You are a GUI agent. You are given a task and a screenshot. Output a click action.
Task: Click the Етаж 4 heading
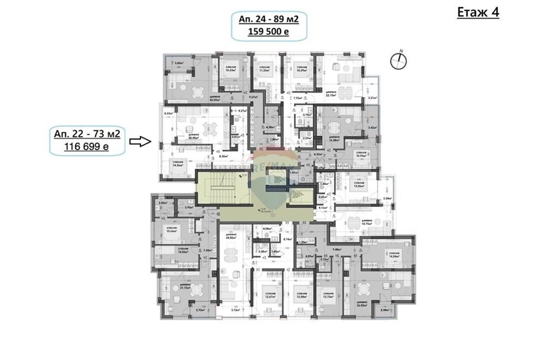click(x=478, y=13)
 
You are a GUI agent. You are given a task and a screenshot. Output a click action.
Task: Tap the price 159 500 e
click(x=268, y=32)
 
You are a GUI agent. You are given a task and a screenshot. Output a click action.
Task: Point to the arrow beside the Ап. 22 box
click(x=140, y=142)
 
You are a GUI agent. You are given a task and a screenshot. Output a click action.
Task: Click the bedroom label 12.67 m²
click(x=268, y=297)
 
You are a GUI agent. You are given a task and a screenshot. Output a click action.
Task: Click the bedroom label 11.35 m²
click(x=265, y=70)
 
